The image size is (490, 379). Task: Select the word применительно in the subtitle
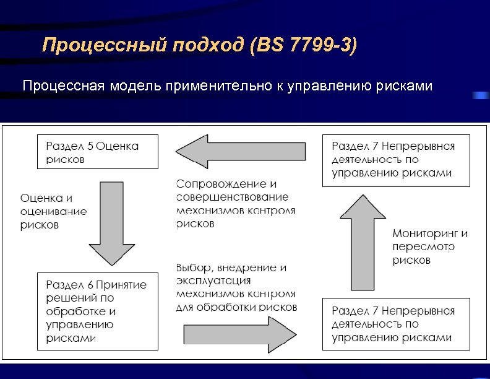click(x=217, y=85)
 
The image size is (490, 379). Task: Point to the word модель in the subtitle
click(x=136, y=85)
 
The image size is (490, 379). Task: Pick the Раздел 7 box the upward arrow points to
click(x=396, y=160)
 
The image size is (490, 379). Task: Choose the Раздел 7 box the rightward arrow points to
click(x=396, y=324)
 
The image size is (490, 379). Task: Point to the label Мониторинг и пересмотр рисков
click(x=429, y=247)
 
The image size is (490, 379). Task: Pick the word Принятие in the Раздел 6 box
click(x=121, y=285)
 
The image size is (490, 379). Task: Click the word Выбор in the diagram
click(x=192, y=268)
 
